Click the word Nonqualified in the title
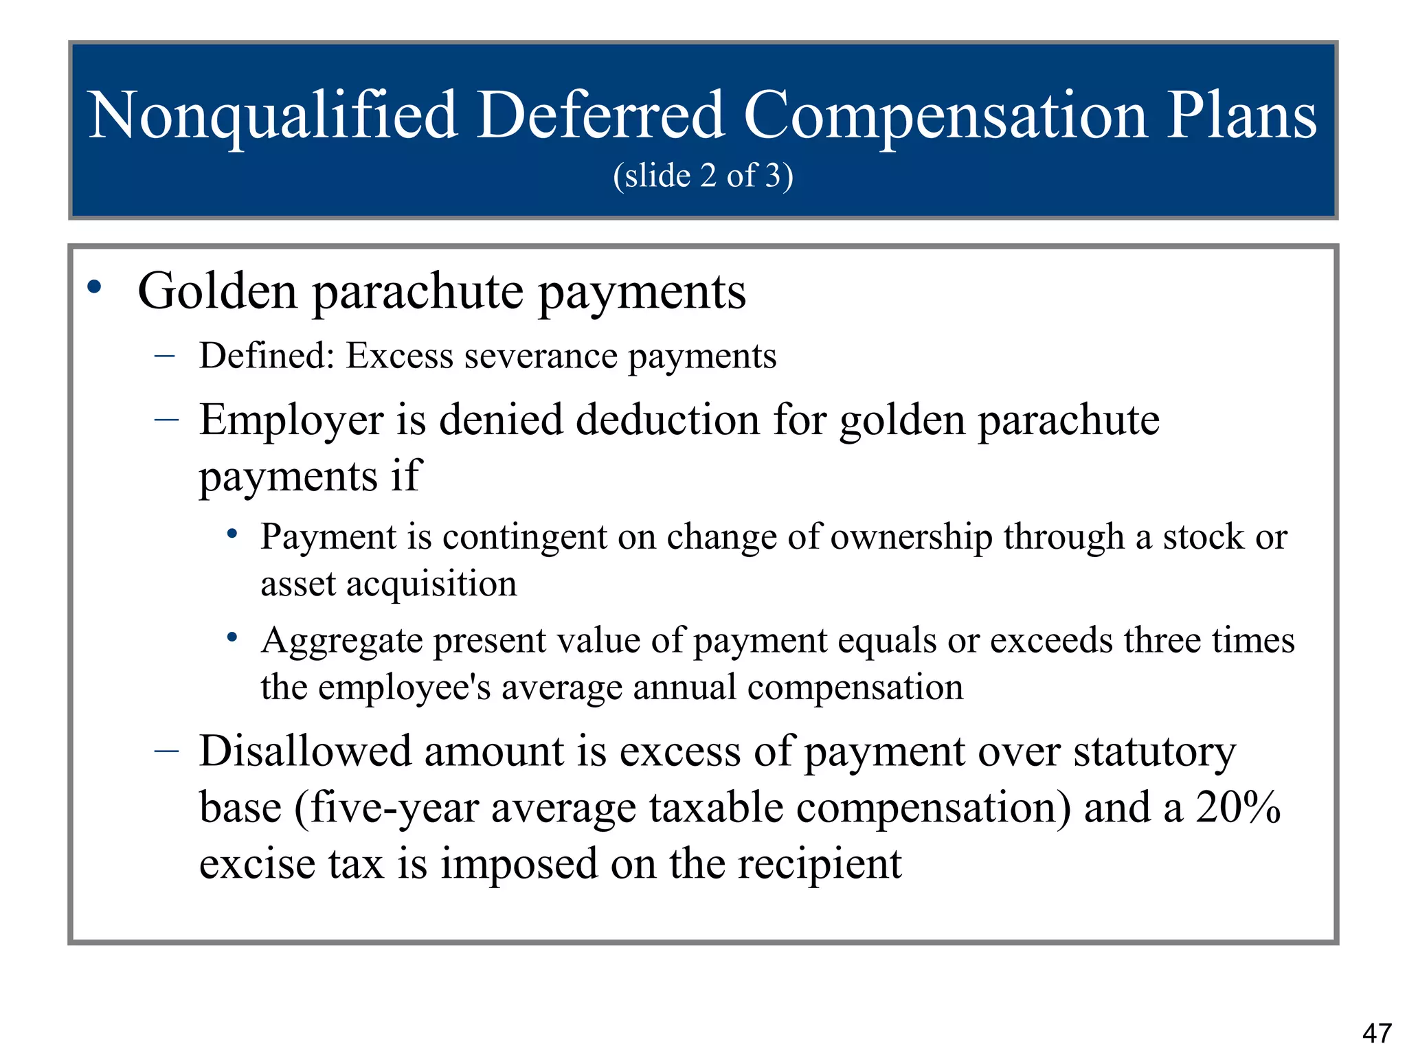273,117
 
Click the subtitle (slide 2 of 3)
703,176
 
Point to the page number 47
1377,1032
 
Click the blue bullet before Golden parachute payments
95,286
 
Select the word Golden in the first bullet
217,292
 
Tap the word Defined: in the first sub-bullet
267,356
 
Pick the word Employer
291,420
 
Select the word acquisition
431,584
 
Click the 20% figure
1237,807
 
